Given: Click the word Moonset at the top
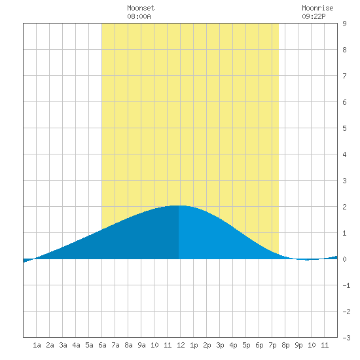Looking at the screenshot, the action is [141, 8].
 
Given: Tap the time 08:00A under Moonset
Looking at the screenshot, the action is [139, 16].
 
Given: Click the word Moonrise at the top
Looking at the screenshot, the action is [317, 8].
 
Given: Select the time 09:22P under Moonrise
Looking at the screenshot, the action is [314, 16].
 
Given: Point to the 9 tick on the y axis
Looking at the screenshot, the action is [344, 24].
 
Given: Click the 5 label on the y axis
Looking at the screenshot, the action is [344, 128].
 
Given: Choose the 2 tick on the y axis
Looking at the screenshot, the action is [344, 207].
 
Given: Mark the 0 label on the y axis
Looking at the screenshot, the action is [344, 259].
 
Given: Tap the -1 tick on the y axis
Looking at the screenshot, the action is [346, 285].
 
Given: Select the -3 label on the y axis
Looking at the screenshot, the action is [346, 338].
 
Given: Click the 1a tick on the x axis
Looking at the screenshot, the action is [37, 345].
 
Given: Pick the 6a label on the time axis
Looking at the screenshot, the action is [102, 345].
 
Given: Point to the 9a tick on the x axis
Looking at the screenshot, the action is [141, 345].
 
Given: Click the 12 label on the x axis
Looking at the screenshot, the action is [181, 345].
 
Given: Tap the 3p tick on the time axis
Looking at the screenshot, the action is [220, 345].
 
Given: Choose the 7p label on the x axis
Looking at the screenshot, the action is [272, 345].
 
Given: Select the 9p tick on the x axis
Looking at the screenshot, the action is [298, 345].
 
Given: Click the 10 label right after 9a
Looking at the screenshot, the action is [154, 345].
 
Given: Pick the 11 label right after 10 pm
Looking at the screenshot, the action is [325, 345].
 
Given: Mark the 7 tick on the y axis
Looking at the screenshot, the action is [344, 76].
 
